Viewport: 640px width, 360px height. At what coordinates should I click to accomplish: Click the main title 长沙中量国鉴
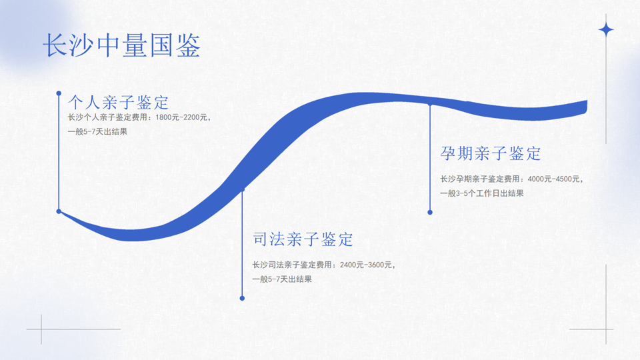click(x=121, y=45)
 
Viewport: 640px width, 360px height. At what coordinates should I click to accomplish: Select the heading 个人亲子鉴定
click(x=119, y=103)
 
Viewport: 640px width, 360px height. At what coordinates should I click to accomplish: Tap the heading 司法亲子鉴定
click(x=303, y=239)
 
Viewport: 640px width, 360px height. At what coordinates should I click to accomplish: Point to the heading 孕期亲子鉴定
click(x=490, y=153)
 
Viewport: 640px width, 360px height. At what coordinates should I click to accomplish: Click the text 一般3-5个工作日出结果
click(x=481, y=193)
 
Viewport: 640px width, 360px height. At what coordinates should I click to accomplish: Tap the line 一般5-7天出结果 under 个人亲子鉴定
click(x=97, y=132)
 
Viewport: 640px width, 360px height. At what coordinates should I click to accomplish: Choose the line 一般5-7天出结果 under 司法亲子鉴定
click(x=282, y=279)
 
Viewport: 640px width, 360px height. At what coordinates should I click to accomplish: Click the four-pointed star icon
click(x=606, y=30)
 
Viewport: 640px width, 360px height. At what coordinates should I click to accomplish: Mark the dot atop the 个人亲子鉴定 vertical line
click(x=59, y=93)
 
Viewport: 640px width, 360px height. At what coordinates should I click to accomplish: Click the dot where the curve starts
click(x=59, y=211)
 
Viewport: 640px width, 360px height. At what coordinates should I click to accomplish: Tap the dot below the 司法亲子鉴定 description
click(x=242, y=299)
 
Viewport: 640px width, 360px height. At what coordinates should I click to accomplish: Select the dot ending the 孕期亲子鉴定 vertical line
click(x=430, y=212)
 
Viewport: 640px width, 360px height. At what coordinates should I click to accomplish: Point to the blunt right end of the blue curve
click(x=586, y=107)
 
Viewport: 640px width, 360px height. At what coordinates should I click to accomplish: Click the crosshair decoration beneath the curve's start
click(x=41, y=329)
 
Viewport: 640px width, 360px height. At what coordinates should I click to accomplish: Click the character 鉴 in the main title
click(x=189, y=45)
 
